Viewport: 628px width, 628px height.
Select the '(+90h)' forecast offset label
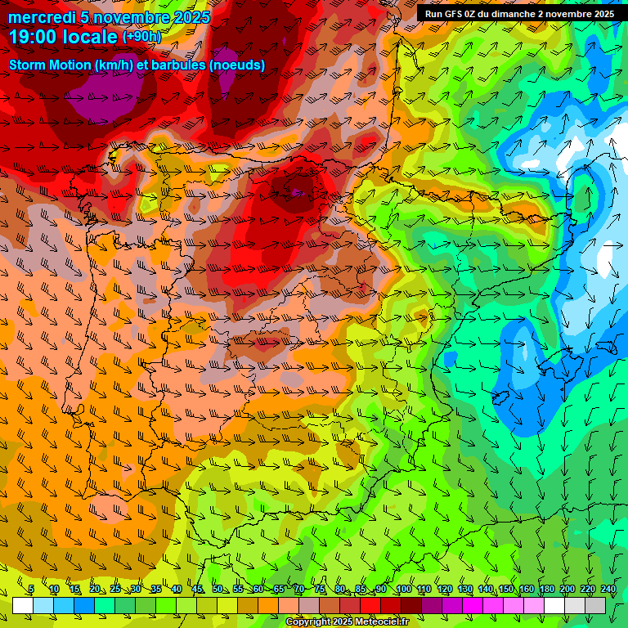141,37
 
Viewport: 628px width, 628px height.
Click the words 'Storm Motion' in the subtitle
47,64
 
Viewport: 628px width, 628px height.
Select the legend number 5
31,590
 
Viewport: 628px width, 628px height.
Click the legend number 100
403,590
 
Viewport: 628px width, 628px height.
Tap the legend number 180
545,590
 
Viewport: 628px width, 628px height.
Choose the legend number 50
218,590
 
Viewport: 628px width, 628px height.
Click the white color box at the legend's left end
23,605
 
